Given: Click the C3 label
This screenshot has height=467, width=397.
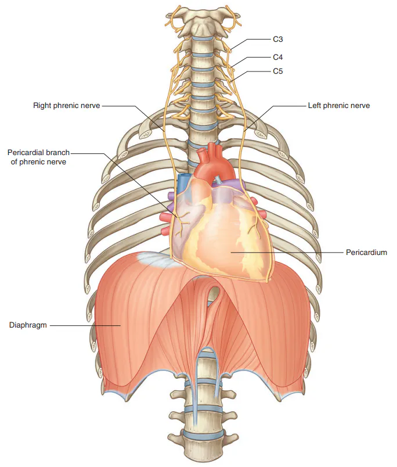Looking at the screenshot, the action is click(x=277, y=39).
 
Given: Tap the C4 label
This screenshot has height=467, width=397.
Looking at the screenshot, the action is click(x=277, y=57).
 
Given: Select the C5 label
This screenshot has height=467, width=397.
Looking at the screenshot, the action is click(x=277, y=71).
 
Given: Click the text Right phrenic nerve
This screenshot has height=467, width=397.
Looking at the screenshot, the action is click(x=66, y=106).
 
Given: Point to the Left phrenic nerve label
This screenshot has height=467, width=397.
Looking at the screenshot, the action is click(x=339, y=106).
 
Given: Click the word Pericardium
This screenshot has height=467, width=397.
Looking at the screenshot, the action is click(x=366, y=253).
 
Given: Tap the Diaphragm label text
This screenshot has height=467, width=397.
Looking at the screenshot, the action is click(x=28, y=325).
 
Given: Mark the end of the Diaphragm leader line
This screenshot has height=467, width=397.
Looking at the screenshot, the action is click(x=120, y=325).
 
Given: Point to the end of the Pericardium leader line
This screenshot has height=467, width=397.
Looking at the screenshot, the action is click(x=232, y=253).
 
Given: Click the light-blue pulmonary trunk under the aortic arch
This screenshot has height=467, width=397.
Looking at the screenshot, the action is click(x=219, y=179).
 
